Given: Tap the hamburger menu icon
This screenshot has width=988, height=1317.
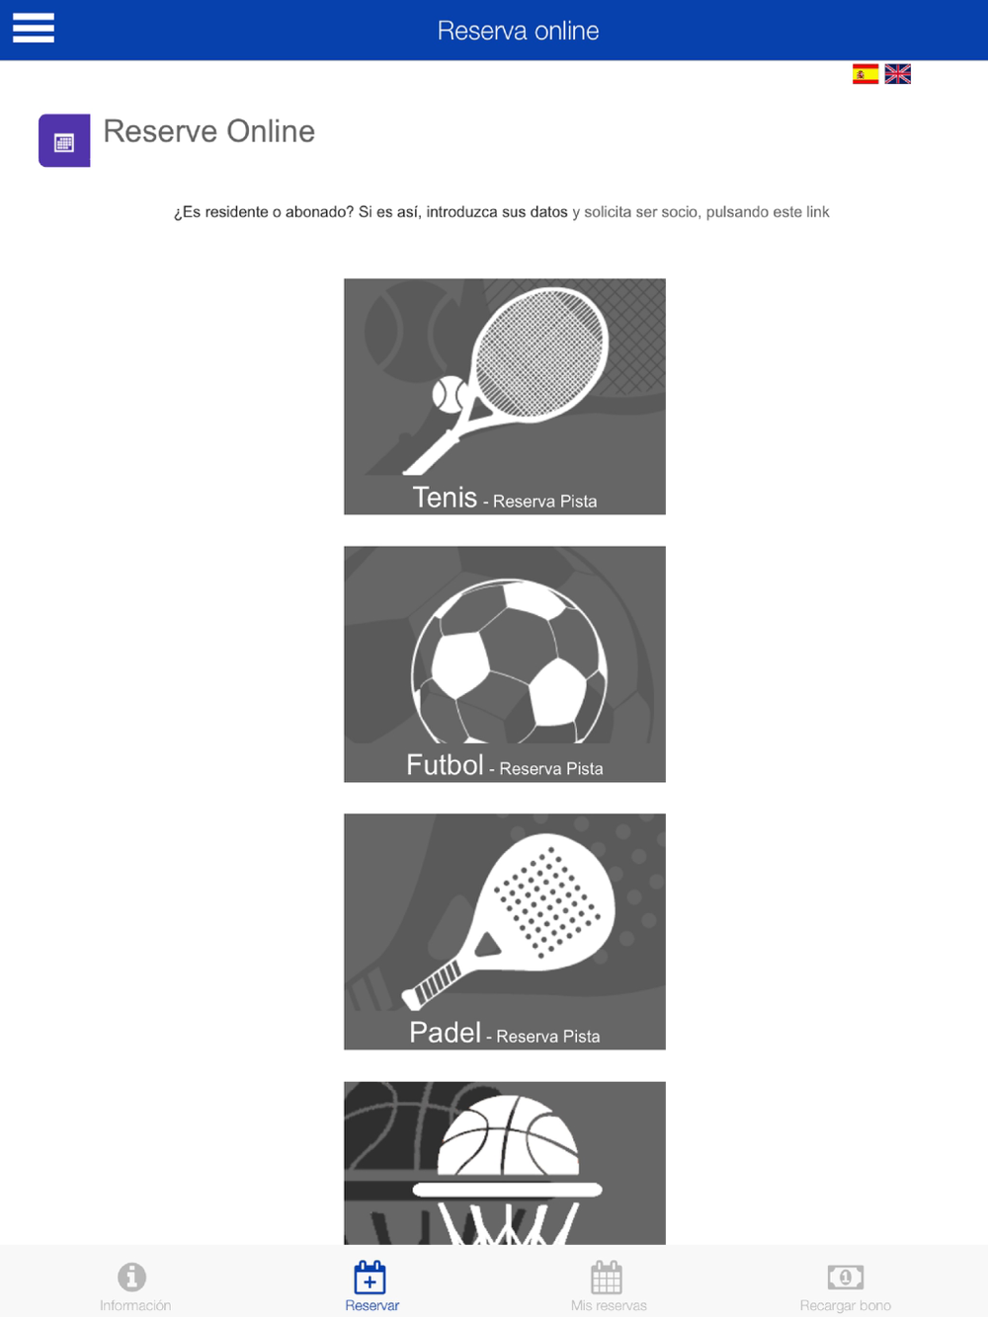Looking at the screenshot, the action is coord(34,28).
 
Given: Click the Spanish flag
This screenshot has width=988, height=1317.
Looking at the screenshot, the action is coord(864,74).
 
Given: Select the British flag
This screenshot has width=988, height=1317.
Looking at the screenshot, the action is coord(897,74).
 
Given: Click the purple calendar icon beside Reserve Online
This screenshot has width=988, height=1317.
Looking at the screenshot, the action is coord(64,140).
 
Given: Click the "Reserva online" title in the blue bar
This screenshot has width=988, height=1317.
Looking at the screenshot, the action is coord(518,31).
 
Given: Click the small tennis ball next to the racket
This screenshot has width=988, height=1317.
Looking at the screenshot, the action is coord(449,394).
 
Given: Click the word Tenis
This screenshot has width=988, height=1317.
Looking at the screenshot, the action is coord(445,498).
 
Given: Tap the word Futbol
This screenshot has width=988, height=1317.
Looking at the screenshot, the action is coord(445,765).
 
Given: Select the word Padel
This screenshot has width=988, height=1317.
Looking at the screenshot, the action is coord(445,1033).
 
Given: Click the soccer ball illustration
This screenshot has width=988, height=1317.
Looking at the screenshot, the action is coord(509,661).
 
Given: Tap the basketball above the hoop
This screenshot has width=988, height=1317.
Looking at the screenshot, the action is coord(508,1135).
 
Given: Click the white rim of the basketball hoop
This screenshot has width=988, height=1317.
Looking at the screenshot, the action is coord(507,1190).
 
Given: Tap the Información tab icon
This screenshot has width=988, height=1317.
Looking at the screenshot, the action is coord(132,1277).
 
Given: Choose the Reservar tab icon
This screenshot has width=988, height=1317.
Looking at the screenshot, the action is coord(370,1277).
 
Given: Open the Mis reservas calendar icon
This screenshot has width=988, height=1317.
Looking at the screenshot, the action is coord(607,1277).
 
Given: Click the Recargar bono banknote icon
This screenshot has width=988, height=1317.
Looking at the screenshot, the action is coord(845,1277).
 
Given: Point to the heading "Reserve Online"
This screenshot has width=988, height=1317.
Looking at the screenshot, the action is coord(208,130).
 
